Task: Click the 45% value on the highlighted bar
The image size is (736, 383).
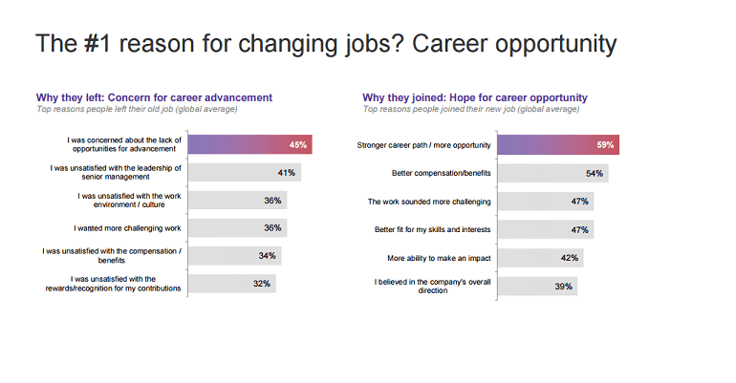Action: click(297, 145)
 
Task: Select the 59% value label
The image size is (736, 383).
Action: click(604, 145)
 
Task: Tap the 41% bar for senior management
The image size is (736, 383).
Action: click(244, 173)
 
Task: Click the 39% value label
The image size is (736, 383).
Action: click(563, 284)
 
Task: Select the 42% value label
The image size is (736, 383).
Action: click(572, 257)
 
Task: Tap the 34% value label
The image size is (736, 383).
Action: click(267, 256)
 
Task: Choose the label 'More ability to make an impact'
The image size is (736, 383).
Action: click(439, 257)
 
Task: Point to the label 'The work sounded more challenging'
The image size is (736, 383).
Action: click(429, 202)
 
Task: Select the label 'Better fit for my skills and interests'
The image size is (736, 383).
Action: click(432, 229)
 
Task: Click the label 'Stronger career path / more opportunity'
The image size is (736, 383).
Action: click(423, 145)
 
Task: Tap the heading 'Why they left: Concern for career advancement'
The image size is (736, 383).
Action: click(154, 97)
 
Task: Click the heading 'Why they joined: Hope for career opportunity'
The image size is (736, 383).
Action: click(474, 97)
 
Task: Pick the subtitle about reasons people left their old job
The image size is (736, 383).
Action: click(137, 110)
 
